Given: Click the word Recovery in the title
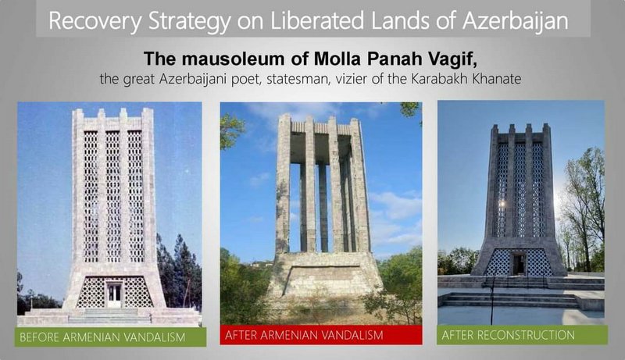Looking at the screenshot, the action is click(95, 21).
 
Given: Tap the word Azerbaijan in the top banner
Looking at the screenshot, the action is click(516, 21).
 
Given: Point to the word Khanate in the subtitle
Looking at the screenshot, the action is click(497, 79).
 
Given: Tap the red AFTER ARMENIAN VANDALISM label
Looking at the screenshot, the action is click(304, 335).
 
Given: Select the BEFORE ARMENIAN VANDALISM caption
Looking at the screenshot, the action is click(102, 337).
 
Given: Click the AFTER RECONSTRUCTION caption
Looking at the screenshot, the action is click(508, 335).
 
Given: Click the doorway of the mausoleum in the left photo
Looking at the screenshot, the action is click(114, 294).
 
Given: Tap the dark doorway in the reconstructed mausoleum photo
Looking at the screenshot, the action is click(519, 264).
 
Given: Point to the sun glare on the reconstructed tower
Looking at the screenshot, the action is click(502, 204).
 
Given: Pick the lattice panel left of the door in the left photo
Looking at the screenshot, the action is click(91, 293).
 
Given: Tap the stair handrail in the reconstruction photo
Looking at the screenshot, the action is click(493, 294).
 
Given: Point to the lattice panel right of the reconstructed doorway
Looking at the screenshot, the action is click(539, 263).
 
